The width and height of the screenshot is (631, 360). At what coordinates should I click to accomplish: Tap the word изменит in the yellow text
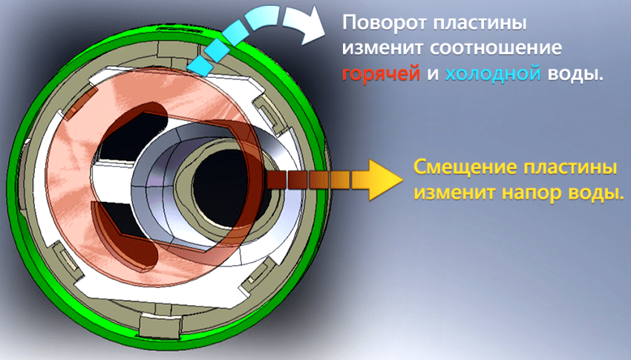(451, 192)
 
